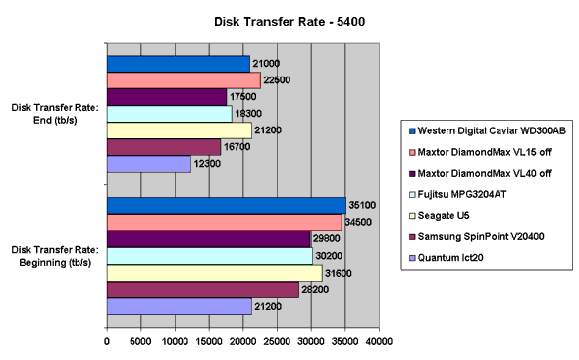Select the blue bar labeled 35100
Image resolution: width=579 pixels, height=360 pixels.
tap(226, 205)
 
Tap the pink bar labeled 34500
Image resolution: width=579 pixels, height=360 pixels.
tap(224, 223)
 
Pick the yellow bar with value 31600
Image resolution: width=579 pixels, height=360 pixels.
tap(214, 273)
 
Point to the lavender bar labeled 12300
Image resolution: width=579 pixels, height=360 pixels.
tap(148, 164)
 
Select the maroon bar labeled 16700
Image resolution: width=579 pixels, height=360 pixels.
tap(163, 147)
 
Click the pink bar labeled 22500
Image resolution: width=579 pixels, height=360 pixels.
tap(183, 80)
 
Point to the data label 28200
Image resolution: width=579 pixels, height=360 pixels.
tap(315, 291)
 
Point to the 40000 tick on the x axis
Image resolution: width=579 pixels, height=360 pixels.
tap(379, 342)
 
